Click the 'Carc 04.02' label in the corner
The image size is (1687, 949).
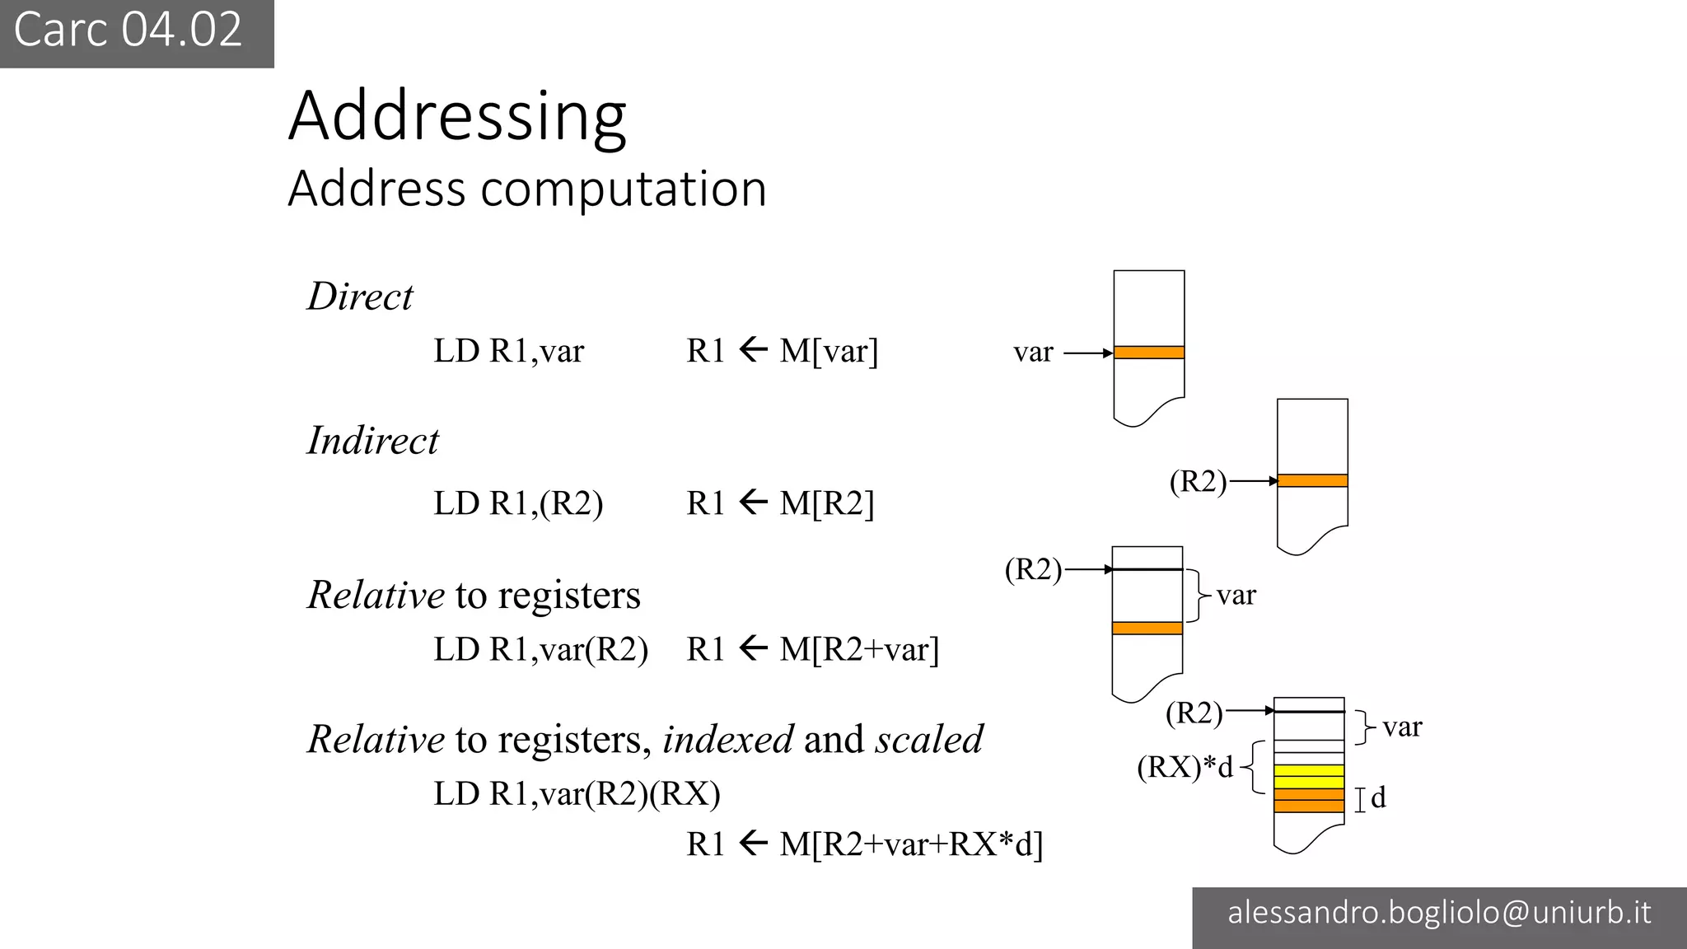128,30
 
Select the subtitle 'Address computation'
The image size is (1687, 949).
527,189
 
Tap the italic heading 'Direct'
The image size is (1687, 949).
360,297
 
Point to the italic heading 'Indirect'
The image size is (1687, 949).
373,441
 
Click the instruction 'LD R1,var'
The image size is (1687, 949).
508,352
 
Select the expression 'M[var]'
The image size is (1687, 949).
829,352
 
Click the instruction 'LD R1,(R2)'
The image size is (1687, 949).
518,503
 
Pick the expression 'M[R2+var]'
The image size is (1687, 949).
859,650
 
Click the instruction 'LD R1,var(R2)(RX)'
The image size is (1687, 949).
577,794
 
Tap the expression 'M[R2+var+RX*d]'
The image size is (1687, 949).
911,844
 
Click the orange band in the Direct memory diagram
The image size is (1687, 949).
1149,353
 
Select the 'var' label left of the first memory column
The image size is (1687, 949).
1033,353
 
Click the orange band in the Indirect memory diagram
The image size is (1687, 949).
1312,480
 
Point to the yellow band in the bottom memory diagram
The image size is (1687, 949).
1309,777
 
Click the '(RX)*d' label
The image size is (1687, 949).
1185,767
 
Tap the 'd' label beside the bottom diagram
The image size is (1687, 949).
1378,797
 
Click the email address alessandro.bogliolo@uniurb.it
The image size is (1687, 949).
1439,913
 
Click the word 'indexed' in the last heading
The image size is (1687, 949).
728,740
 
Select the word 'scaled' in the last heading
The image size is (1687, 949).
929,740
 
